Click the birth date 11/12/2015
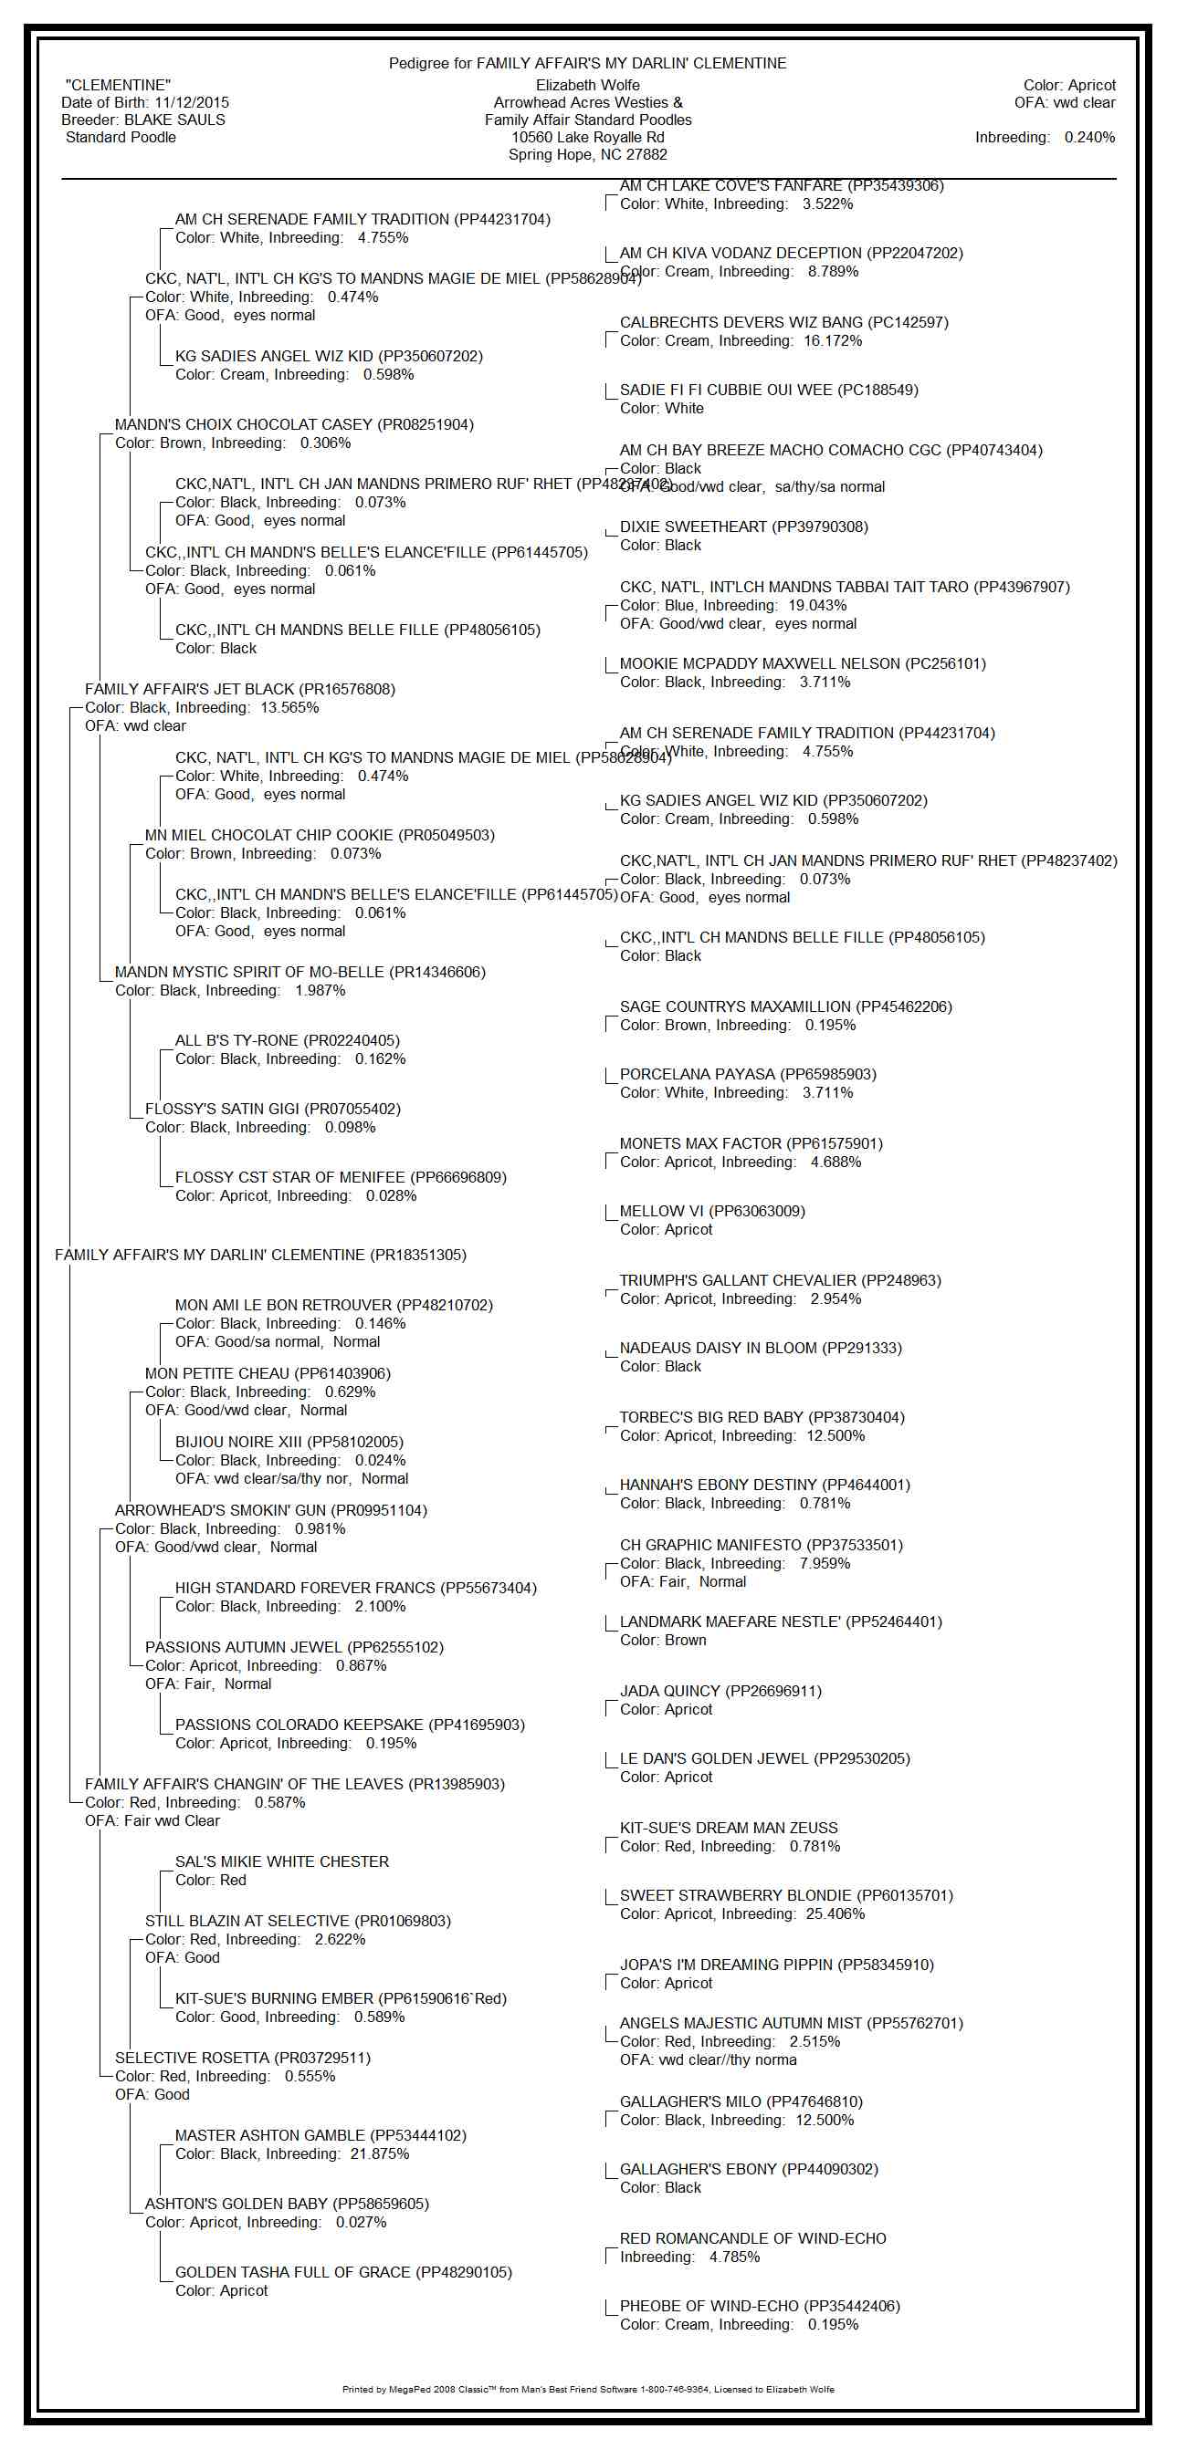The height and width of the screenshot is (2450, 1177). [191, 103]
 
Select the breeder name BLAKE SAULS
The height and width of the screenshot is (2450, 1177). [175, 120]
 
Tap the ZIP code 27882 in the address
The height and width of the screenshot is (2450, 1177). [647, 154]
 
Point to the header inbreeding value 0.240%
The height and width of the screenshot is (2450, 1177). [1089, 137]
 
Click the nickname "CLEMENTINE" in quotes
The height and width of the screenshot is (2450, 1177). [118, 85]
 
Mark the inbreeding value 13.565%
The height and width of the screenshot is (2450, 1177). [289, 707]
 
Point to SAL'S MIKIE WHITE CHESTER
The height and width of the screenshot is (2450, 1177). [281, 1861]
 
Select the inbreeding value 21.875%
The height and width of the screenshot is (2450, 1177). [380, 2153]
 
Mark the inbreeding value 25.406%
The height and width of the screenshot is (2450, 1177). [835, 1913]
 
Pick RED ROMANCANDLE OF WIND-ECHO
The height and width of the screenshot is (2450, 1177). [752, 2238]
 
